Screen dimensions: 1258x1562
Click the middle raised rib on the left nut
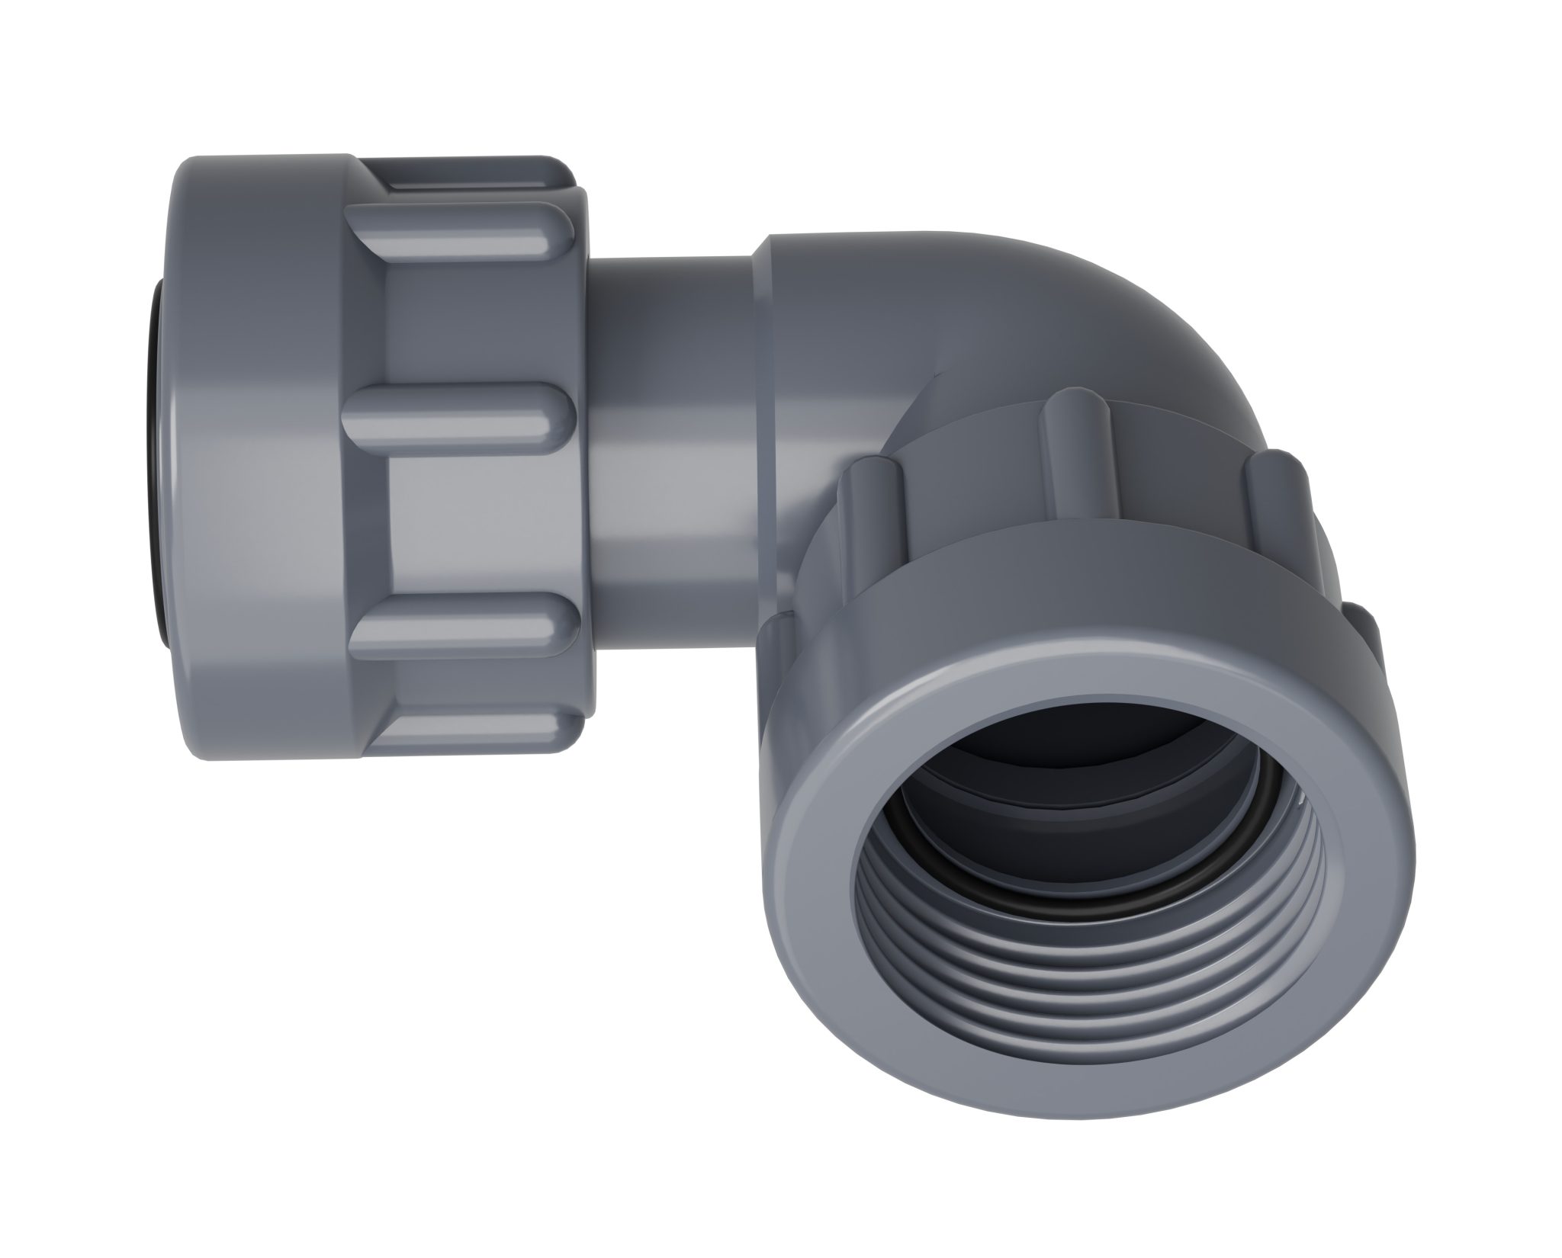pos(458,412)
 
